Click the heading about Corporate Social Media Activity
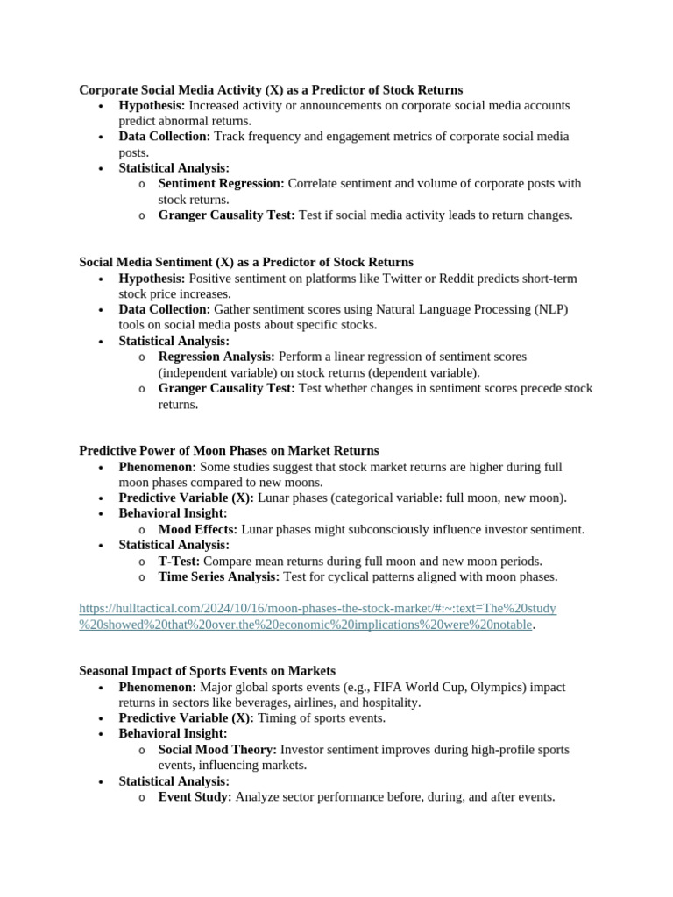[x=271, y=89]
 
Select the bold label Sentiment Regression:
[x=221, y=184]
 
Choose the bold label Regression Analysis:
[x=216, y=357]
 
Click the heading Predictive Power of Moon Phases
[x=229, y=450]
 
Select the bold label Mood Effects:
[x=197, y=529]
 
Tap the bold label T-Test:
[x=179, y=561]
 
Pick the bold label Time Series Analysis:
[x=218, y=576]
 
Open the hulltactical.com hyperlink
[x=317, y=608]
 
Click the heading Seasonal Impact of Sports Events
[x=207, y=671]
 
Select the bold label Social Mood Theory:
[x=217, y=750]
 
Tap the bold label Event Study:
[x=195, y=797]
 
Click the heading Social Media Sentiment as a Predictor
[x=246, y=262]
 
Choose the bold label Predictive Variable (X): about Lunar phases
[x=186, y=498]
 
